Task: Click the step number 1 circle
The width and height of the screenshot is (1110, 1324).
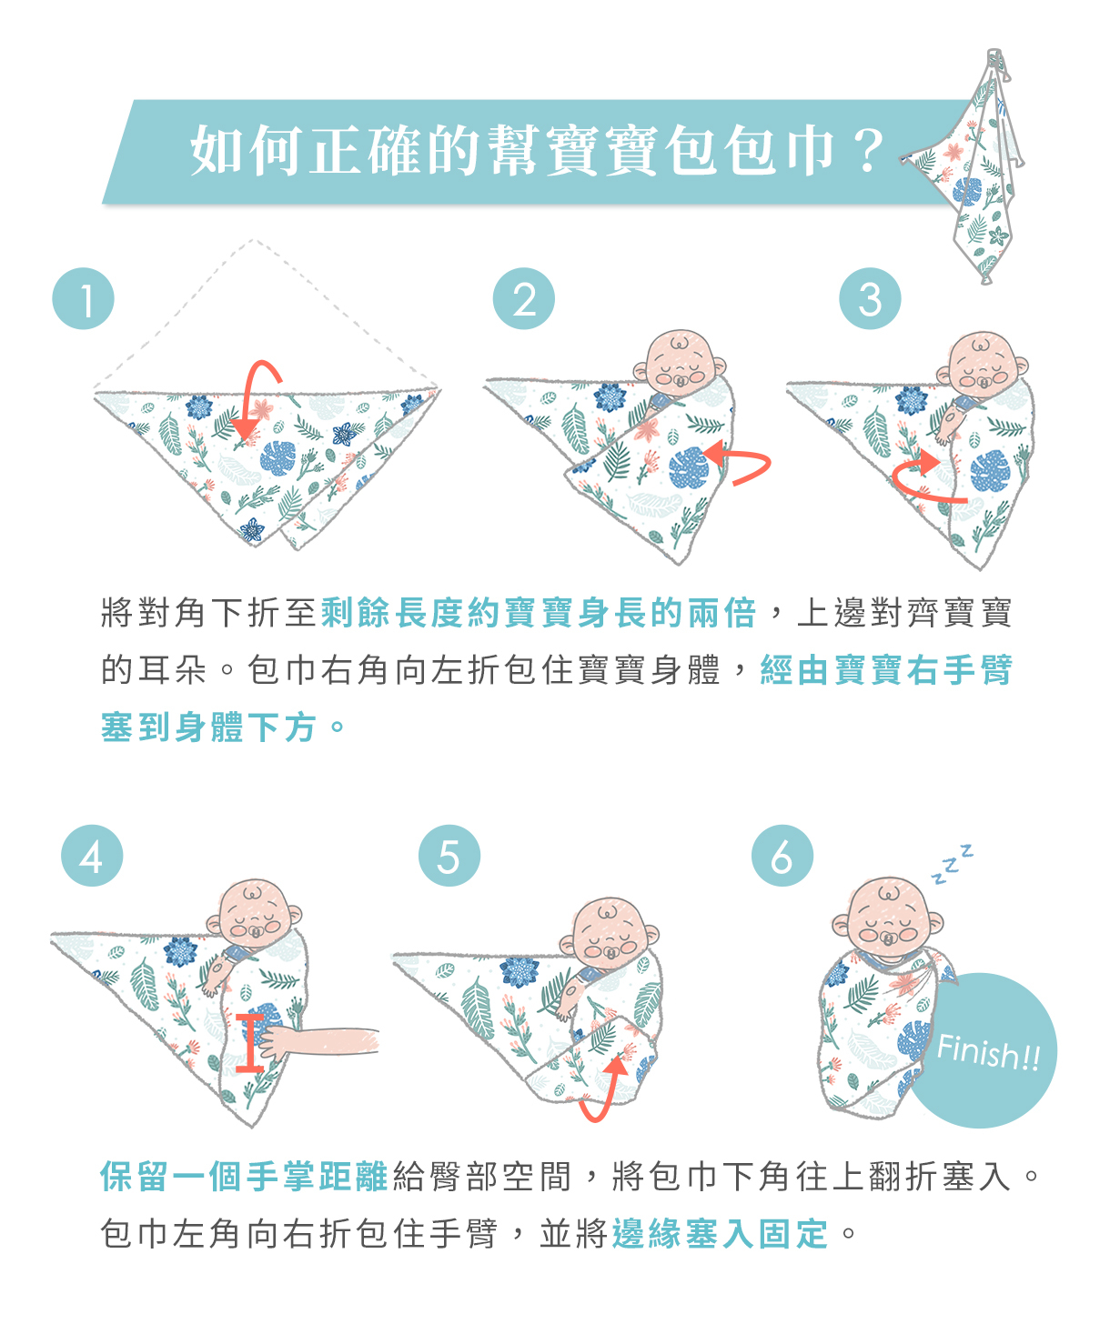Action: coord(83,298)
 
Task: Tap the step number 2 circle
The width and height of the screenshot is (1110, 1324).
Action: coord(523,298)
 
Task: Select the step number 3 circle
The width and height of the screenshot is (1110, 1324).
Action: coord(870,298)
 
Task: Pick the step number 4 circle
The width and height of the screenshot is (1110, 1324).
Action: coord(92,856)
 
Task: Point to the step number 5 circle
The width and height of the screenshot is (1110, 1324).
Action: coord(449,856)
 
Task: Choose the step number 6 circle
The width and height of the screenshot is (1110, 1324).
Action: coord(782,856)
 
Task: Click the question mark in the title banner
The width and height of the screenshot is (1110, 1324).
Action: coord(868,150)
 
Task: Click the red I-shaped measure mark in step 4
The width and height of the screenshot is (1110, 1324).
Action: coord(249,1043)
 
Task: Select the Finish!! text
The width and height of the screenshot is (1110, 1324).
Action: coord(989,1053)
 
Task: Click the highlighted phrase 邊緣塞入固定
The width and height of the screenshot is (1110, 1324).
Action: coord(720,1233)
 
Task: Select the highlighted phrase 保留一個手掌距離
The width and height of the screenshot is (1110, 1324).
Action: coord(244,1177)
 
